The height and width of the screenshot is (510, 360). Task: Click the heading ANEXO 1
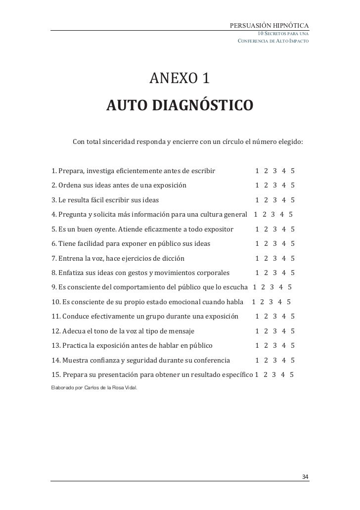pos(180,78)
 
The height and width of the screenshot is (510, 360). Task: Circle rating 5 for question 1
pos(293,171)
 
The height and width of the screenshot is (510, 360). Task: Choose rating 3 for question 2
pos(275,185)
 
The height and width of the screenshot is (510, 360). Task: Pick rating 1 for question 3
pos(257,200)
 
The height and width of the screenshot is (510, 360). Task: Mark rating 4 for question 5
pos(284,230)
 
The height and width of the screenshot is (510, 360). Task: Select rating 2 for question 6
pos(266,244)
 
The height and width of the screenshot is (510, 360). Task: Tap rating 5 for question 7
pos(293,258)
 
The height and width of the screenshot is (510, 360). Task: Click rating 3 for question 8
pos(275,273)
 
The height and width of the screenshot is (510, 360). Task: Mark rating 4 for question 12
pos(284,331)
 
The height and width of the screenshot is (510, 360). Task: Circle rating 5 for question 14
pos(293,360)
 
